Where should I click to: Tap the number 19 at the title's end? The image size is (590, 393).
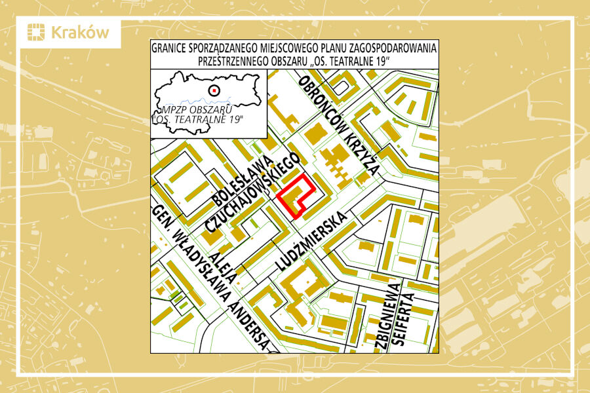pos(381,60)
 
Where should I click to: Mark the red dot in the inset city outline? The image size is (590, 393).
pos(212,90)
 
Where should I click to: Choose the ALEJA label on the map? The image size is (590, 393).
pos(221,263)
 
